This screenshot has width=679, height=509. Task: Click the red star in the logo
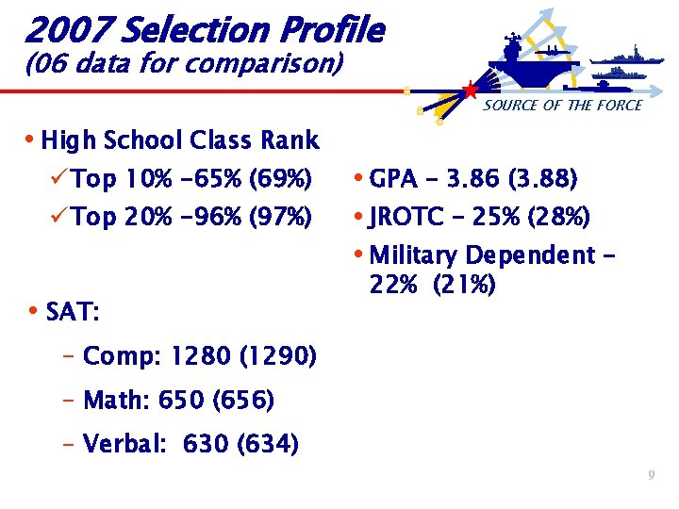coord(470,90)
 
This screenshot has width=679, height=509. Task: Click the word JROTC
coord(407,218)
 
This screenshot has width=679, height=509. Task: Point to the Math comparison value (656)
coord(244,401)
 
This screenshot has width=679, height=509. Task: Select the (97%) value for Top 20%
coord(280,218)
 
